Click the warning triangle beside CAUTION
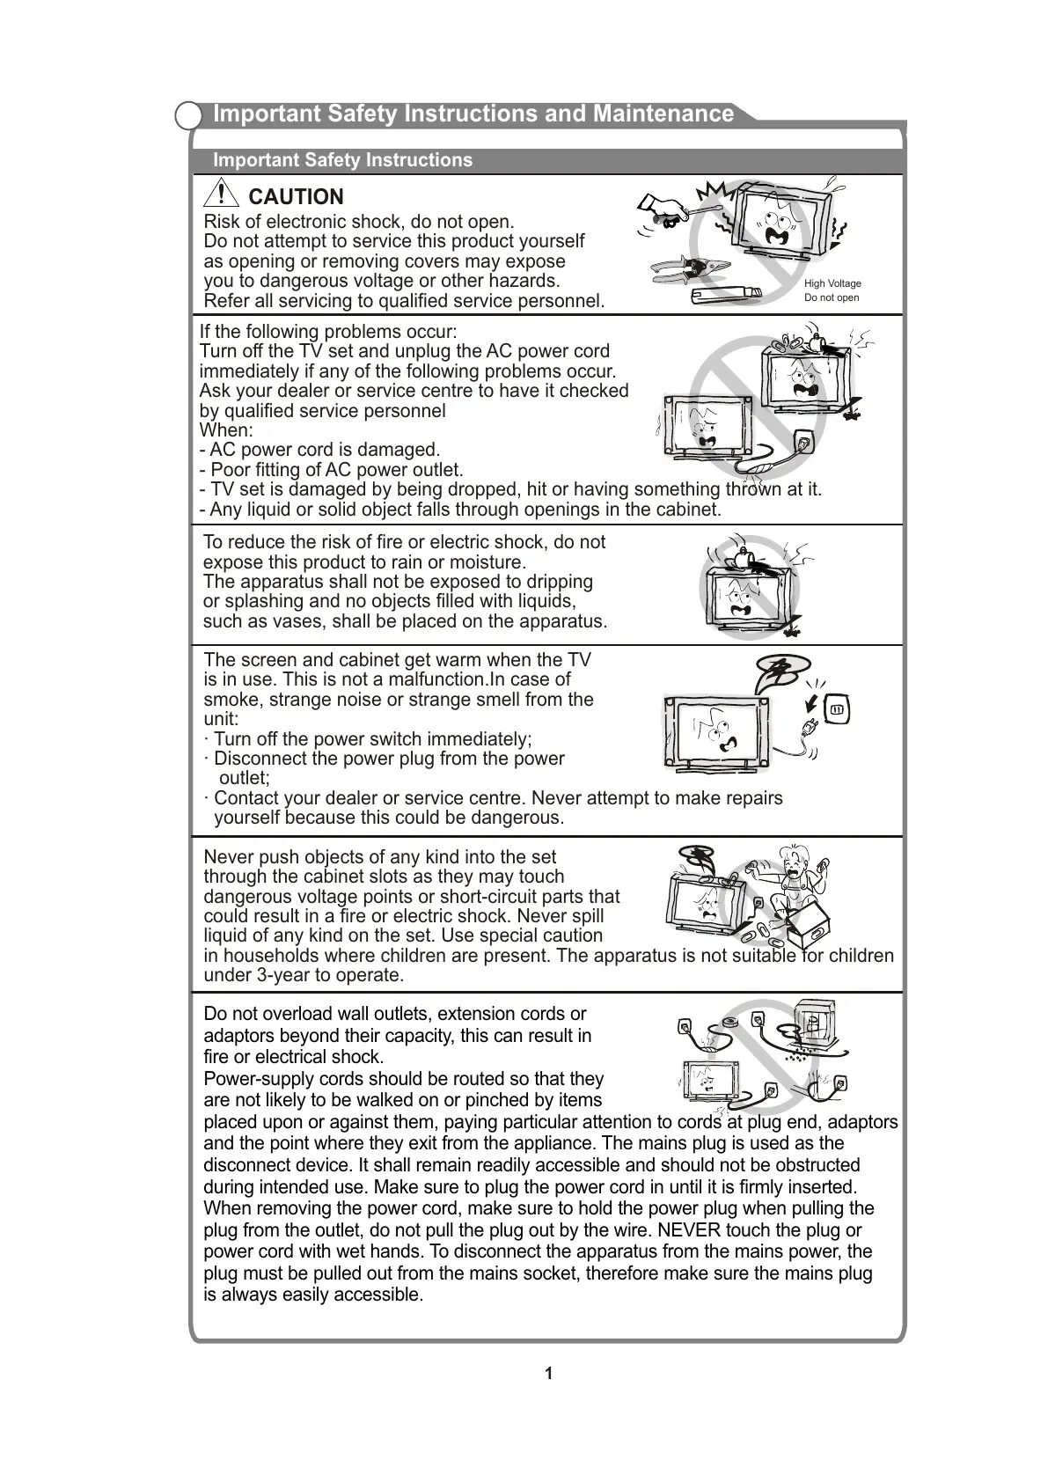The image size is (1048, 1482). click(224, 194)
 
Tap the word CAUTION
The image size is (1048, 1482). click(296, 197)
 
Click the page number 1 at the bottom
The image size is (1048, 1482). click(549, 1374)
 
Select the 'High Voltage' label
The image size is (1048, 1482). click(832, 283)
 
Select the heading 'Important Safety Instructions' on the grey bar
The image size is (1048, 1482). click(342, 160)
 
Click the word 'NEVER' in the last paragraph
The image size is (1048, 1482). click(690, 1230)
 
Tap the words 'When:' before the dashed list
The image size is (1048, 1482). click(226, 430)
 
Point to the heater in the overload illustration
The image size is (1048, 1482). click(814, 1025)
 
